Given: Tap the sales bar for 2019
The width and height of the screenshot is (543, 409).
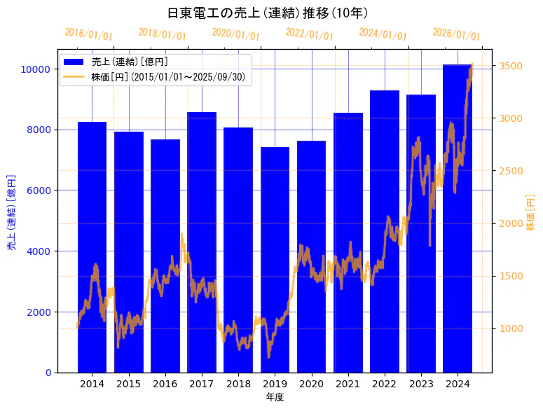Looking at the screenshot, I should pyautogui.click(x=275, y=259).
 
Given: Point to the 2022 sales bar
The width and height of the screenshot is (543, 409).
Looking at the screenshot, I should pyautogui.click(x=385, y=231).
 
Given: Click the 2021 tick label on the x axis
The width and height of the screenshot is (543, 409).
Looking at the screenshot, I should pyautogui.click(x=348, y=384).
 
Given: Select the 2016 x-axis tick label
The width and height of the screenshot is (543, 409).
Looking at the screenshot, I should pyautogui.click(x=165, y=384).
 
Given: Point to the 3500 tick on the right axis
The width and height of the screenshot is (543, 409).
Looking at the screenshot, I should pyautogui.click(x=511, y=66).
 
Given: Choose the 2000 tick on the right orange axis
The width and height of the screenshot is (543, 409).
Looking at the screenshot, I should pyautogui.click(x=511, y=223).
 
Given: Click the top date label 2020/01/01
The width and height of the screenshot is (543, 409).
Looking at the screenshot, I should pyautogui.click(x=235, y=34).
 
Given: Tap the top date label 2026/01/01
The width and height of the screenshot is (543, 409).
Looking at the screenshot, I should pyautogui.click(x=456, y=34).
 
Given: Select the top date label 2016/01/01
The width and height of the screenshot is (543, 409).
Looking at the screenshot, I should pyautogui.click(x=89, y=34).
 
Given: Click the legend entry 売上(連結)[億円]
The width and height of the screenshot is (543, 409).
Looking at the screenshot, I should pyautogui.click(x=130, y=62).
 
